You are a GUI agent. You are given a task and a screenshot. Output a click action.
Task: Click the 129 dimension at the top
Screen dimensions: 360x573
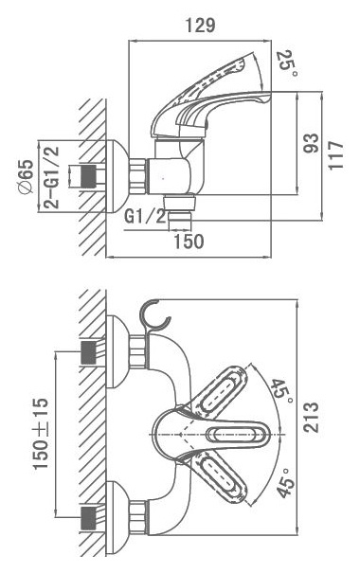click(200, 26)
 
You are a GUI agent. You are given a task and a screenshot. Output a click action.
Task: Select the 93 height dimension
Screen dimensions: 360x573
click(311, 143)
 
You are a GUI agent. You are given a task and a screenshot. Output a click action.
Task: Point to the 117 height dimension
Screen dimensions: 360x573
click(336, 155)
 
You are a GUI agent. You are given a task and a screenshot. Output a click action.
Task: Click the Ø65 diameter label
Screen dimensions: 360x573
click(27, 178)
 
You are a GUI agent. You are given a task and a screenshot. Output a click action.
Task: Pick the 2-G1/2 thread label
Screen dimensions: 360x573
click(51, 178)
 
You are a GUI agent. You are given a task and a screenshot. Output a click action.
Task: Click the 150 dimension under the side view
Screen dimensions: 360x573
click(189, 242)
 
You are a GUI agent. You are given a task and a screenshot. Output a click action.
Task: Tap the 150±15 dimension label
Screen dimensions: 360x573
click(40, 434)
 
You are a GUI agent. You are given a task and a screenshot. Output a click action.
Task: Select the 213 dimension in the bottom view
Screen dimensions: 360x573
click(311, 418)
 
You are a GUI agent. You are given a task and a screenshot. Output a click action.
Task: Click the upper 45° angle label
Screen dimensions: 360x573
click(281, 392)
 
